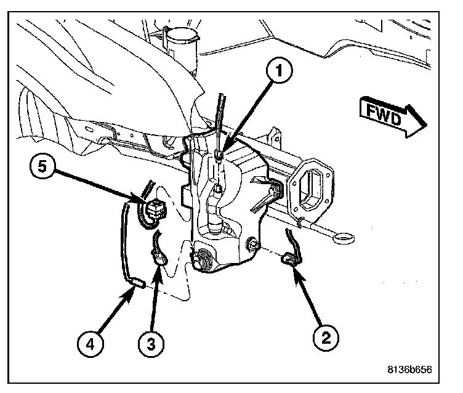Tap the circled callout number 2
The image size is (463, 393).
coord(325,338)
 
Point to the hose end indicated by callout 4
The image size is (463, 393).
coord(137,283)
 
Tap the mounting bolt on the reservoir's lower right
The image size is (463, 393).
coord(252,246)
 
